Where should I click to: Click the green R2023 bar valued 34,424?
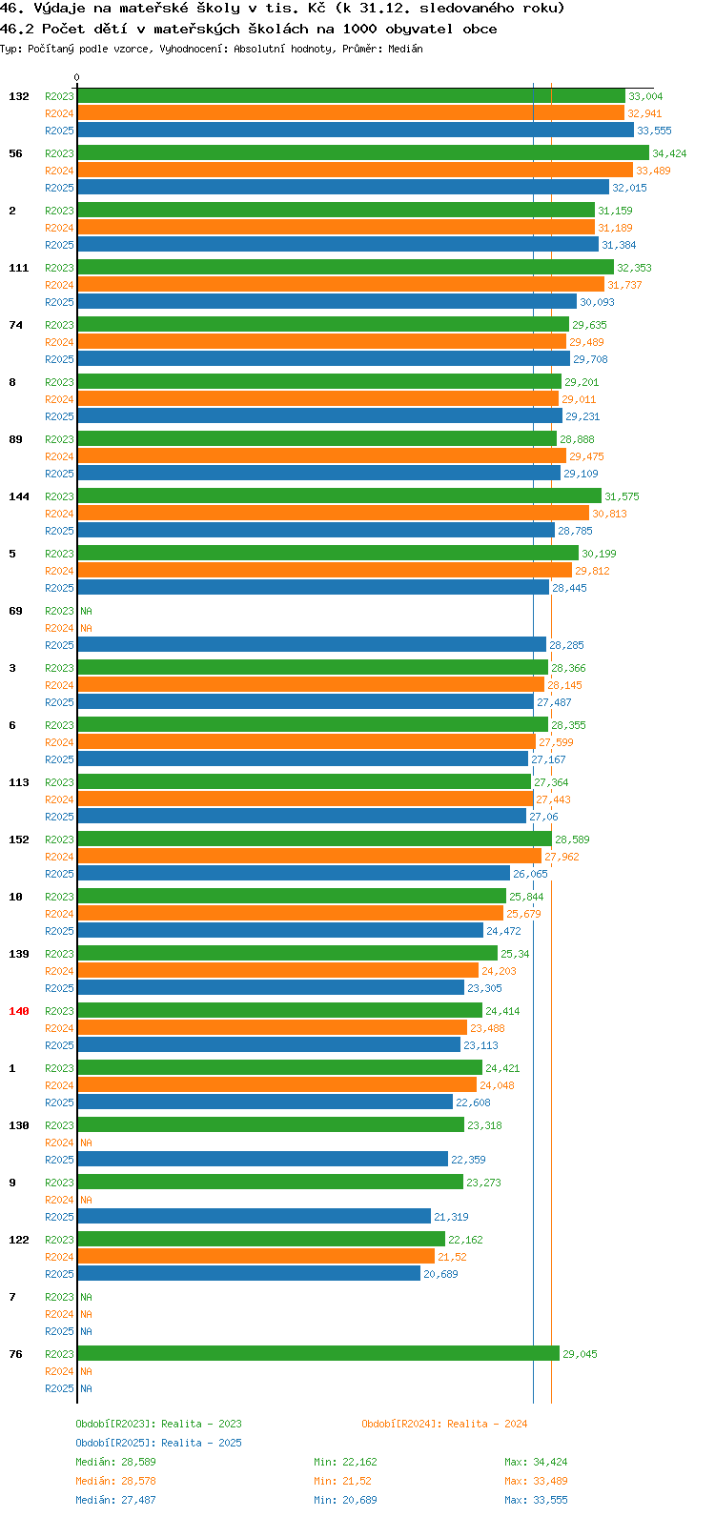[363, 153]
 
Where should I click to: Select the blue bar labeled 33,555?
[356, 130]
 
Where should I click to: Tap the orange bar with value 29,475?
[322, 455]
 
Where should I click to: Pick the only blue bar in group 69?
[312, 645]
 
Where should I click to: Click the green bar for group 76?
[318, 1353]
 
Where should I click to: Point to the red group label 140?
[19, 1011]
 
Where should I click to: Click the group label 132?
[19, 96]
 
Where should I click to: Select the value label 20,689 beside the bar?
[440, 1274]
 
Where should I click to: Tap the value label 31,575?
[623, 496]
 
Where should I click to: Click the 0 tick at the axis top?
[76, 77]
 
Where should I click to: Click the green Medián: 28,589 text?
[115, 1462]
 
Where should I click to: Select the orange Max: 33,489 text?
[536, 1481]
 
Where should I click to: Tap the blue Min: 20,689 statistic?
[345, 1500]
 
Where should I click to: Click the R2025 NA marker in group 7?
[86, 1331]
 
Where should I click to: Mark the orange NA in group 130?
[86, 1143]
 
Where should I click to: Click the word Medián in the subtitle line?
[405, 49]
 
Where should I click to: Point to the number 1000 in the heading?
[359, 30]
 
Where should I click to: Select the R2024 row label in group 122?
[59, 1257]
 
